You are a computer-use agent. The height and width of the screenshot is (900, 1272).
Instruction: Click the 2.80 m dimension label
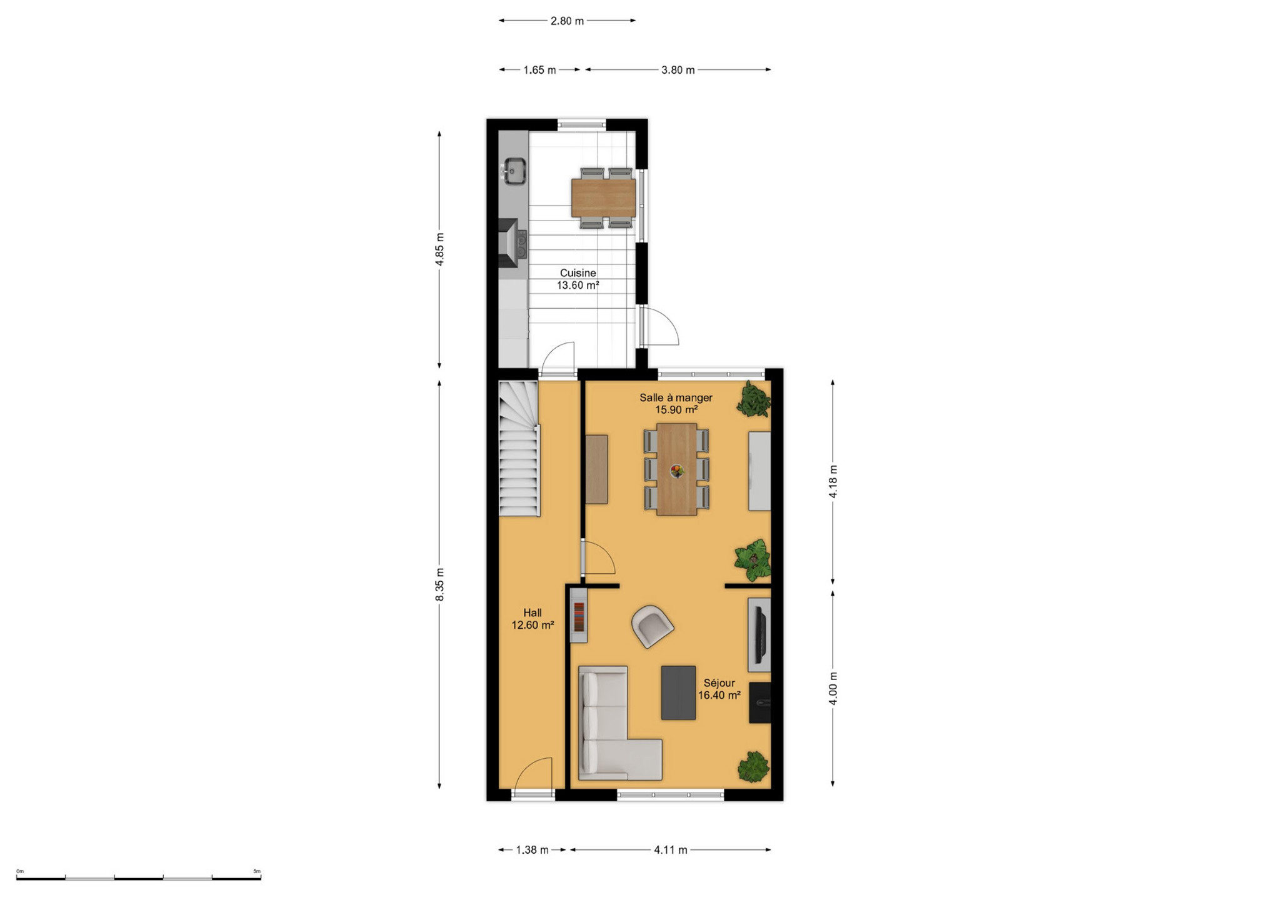click(x=567, y=21)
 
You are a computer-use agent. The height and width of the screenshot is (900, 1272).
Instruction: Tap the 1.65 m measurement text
click(x=539, y=70)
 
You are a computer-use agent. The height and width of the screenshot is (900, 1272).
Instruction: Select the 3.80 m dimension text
click(x=678, y=70)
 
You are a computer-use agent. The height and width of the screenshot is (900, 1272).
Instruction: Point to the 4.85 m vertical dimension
click(x=440, y=249)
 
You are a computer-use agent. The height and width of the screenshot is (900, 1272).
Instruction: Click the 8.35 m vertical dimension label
click(x=440, y=585)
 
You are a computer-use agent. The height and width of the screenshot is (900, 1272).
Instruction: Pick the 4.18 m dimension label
click(x=833, y=482)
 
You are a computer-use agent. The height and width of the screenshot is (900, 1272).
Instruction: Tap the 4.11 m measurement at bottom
click(x=671, y=850)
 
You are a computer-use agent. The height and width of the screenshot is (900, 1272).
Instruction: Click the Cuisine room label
click(x=578, y=273)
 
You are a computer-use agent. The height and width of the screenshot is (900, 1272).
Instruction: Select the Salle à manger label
click(x=676, y=397)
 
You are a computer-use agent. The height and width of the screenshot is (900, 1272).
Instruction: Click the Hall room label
click(x=533, y=613)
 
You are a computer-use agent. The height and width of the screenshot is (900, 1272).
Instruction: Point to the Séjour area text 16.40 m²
click(x=719, y=695)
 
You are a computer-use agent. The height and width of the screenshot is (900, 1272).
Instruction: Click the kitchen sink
click(x=514, y=171)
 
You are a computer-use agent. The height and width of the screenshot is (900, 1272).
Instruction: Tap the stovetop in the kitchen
click(x=521, y=244)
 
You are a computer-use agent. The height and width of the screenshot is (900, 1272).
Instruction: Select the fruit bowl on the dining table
click(x=676, y=471)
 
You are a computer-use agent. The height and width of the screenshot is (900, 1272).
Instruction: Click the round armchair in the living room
click(x=652, y=626)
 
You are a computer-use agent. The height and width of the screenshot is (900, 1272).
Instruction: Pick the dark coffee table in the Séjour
click(x=678, y=692)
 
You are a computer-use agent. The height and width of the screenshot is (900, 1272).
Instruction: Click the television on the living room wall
click(x=761, y=634)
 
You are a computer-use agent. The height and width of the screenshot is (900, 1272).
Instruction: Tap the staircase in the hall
click(x=519, y=449)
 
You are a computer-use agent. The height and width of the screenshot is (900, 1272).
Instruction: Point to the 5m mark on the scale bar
click(x=257, y=871)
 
